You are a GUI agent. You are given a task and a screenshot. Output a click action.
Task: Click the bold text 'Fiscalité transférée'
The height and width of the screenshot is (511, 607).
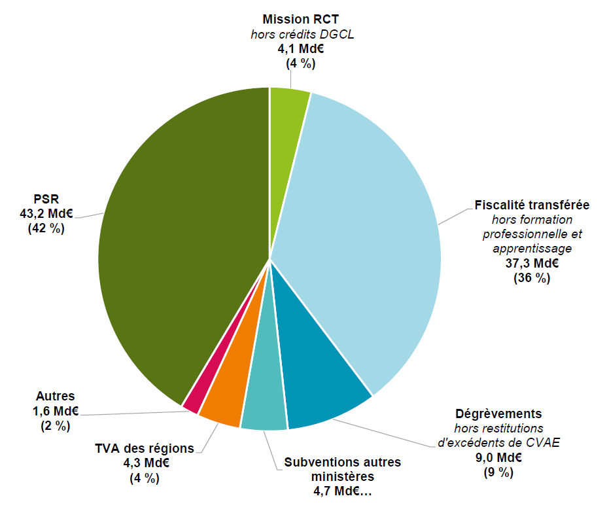pos(532,205)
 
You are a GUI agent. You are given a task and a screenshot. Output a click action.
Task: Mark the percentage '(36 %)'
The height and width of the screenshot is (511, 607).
pos(532,278)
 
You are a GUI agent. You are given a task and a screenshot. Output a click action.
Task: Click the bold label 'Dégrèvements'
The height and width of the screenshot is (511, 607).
pos(498,414)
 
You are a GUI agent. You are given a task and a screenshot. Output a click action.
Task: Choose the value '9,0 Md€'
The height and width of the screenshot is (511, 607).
pos(498,457)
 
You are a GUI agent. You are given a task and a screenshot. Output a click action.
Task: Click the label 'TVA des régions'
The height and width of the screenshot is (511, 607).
pos(145,448)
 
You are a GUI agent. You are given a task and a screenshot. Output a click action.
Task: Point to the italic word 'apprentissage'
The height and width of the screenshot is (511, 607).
pos(532,249)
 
